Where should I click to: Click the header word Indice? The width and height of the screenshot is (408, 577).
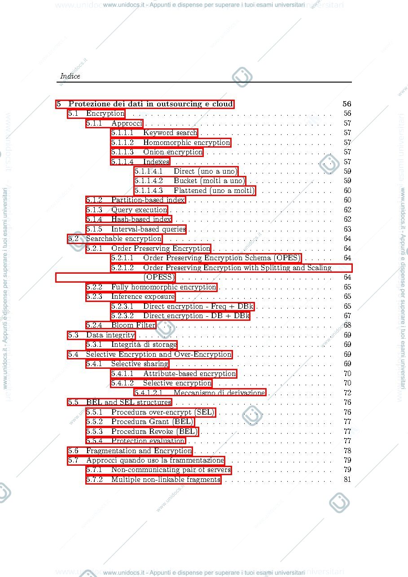coord(70,76)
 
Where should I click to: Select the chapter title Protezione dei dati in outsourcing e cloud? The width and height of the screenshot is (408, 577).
coord(151,104)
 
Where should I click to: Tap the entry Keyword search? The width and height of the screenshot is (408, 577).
coord(170,133)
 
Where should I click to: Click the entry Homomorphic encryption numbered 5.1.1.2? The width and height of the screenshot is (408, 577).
coord(187,142)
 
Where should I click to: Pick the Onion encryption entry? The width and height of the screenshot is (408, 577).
coord(173,152)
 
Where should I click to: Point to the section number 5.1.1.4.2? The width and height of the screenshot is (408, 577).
coord(149,180)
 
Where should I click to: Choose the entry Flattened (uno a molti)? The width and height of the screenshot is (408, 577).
coord(214,190)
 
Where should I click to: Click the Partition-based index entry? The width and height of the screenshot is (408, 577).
coord(148,200)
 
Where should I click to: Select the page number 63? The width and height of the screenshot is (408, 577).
coord(347,229)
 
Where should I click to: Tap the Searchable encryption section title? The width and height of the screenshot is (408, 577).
coord(124,239)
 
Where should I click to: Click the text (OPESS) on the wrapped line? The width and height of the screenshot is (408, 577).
coord(159,277)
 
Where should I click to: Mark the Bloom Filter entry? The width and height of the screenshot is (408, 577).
coord(133,325)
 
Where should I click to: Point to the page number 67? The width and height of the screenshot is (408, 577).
coord(347,315)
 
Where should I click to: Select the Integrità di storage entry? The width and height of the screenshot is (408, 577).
coord(144,345)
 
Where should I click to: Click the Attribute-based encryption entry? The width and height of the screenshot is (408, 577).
coord(190,373)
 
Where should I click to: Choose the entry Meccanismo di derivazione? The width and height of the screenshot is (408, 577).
coord(219,393)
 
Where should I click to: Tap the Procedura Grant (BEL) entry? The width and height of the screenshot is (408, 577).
coord(152,422)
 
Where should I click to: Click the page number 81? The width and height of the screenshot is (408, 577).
coord(347,479)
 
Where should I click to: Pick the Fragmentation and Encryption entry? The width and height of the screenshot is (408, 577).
coord(139,450)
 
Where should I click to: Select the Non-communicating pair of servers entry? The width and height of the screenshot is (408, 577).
coord(171,470)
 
